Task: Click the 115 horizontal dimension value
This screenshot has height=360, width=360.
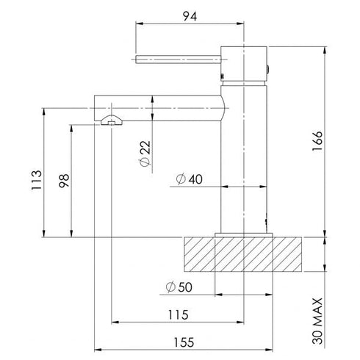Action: tap(177, 314)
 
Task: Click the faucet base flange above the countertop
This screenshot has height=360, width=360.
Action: tap(243, 234)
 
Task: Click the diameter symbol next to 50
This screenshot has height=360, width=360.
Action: tap(169, 287)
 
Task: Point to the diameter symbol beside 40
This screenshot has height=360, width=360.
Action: tap(180, 179)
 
